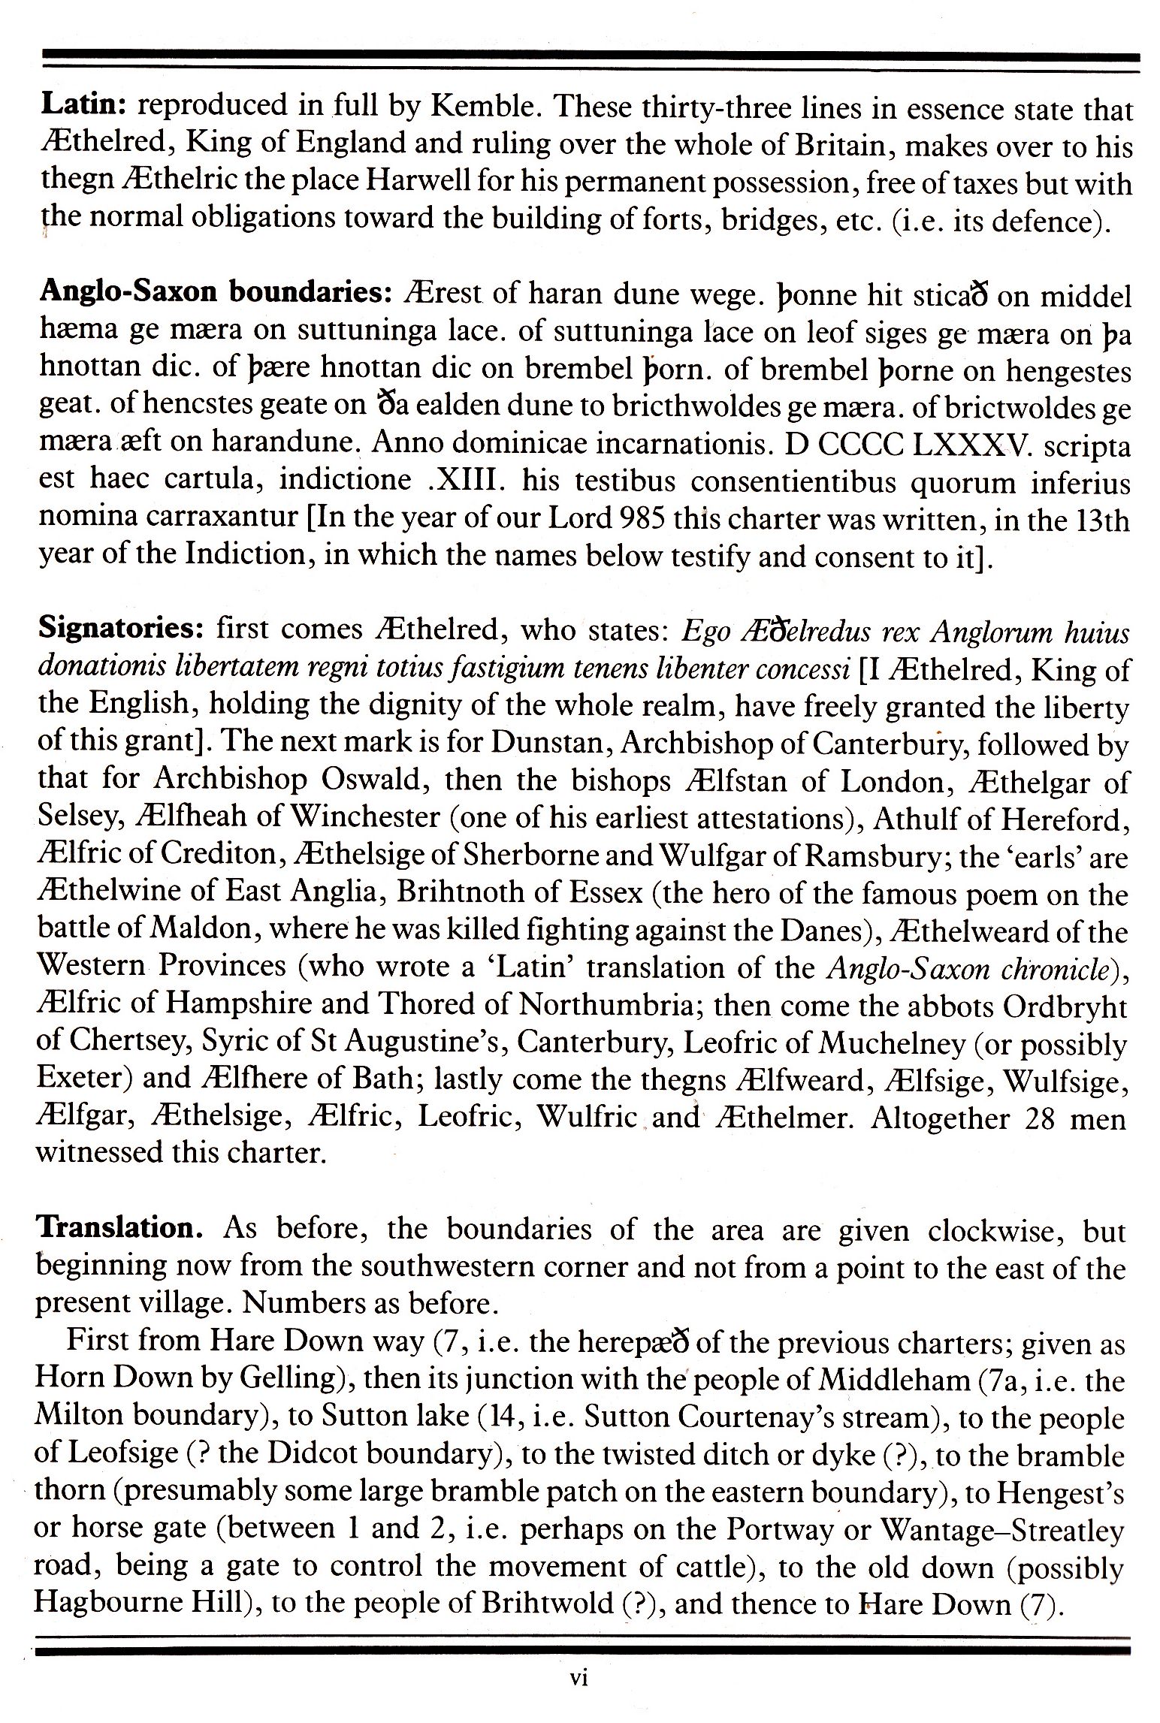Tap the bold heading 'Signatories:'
pos(120,628)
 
